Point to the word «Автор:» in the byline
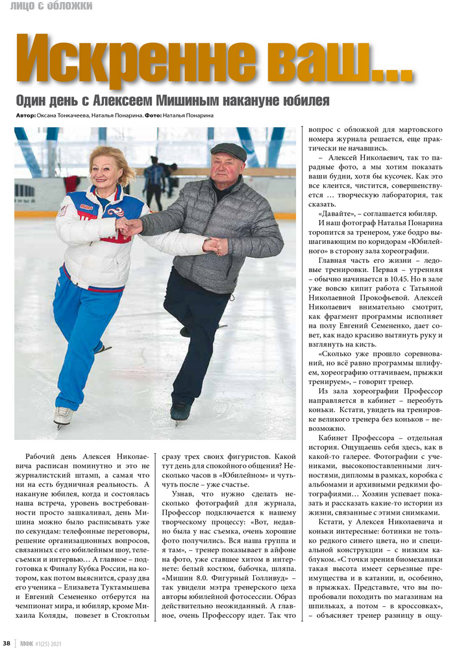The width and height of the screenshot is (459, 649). coord(25,116)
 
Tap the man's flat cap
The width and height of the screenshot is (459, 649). coord(229,152)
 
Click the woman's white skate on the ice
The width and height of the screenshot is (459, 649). coord(62,416)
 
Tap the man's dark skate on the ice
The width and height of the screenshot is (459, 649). coord(181,411)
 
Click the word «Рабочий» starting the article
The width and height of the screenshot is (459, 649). coord(43,458)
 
